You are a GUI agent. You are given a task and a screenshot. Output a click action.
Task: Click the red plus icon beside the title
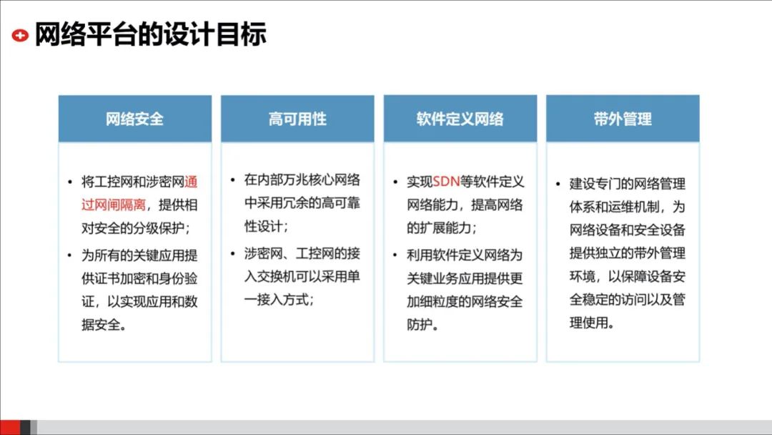[21, 35]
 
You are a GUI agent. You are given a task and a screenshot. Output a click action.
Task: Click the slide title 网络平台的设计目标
[151, 34]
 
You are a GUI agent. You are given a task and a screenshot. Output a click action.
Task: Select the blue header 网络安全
[134, 119]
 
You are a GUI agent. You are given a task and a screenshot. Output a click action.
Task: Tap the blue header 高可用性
[297, 119]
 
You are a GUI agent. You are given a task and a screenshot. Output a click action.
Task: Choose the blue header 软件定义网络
[460, 119]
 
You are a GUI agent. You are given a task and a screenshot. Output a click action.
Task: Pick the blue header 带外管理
[623, 119]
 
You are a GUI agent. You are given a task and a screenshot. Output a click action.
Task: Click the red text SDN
[447, 182]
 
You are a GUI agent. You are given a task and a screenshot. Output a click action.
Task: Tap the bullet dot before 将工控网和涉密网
[69, 182]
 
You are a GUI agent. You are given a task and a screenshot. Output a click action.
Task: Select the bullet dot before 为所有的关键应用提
[69, 255]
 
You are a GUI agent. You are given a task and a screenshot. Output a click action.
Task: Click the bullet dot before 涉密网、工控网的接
[232, 253]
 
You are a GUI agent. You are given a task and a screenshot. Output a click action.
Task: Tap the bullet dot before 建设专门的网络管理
[558, 185]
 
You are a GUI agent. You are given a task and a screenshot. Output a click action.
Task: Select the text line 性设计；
[266, 227]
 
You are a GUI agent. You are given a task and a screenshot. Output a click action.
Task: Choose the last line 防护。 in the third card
[422, 325]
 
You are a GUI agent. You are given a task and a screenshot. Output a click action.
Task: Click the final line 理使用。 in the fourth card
[591, 322]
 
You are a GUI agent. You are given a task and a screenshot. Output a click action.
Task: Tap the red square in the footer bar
[9, 427]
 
